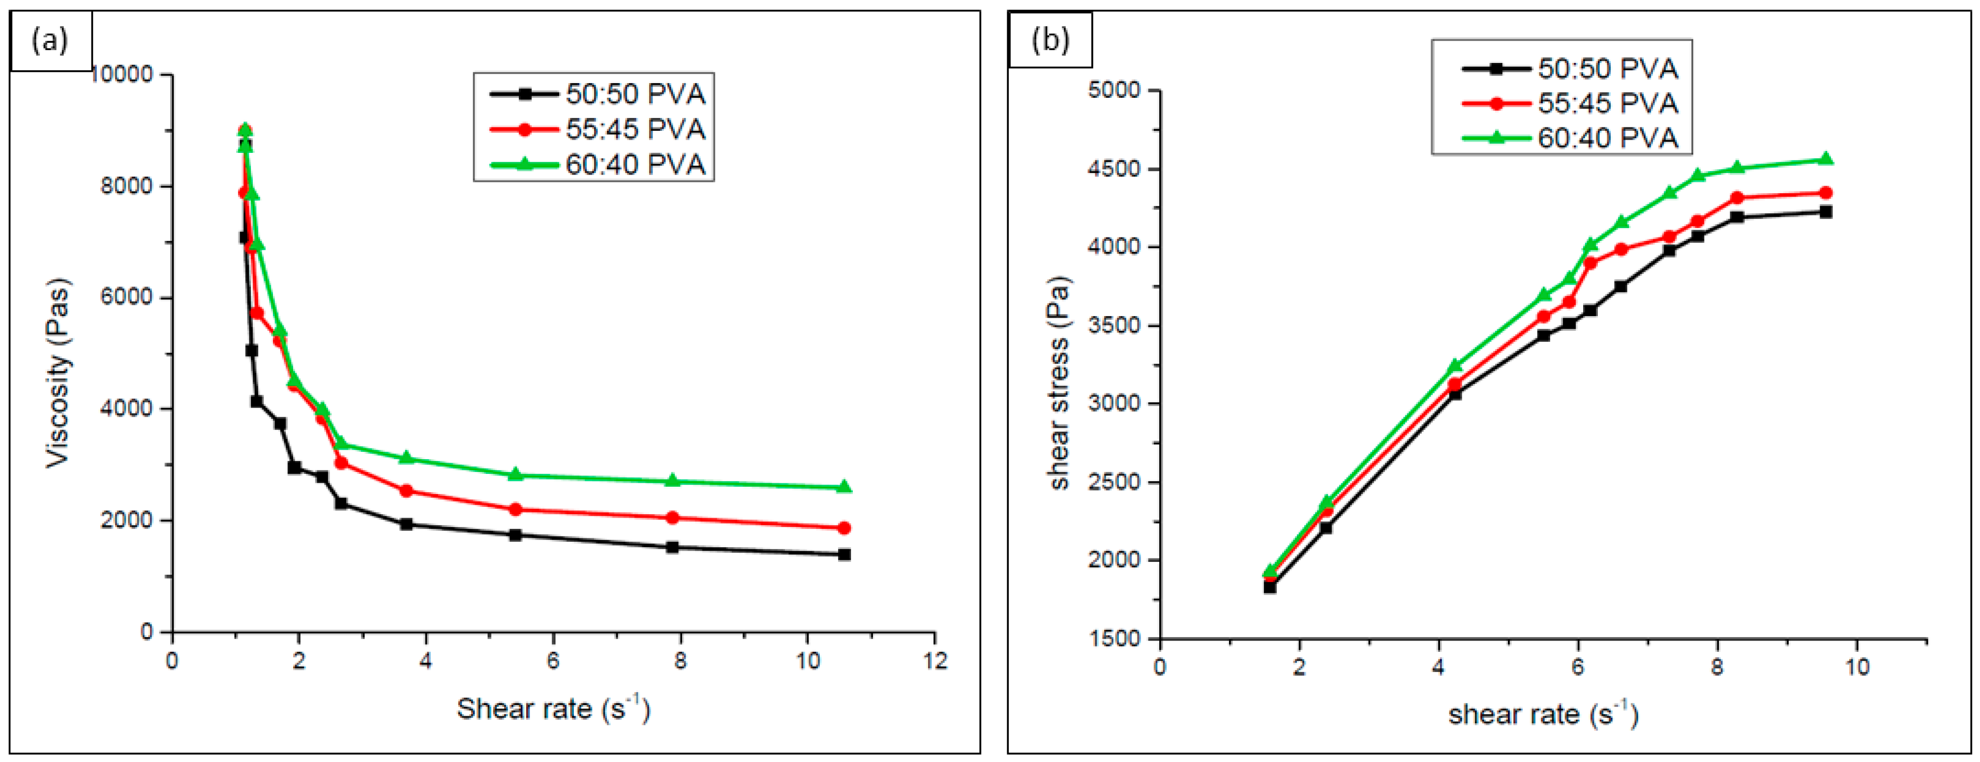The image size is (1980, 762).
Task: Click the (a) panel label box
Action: pyautogui.click(x=51, y=40)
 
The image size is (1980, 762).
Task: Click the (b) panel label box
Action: pyautogui.click(x=1050, y=40)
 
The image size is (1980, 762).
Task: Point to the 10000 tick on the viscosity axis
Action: pyautogui.click(x=123, y=75)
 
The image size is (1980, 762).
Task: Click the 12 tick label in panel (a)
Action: pyautogui.click(x=934, y=661)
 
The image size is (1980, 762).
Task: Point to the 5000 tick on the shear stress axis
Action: pyautogui.click(x=1114, y=90)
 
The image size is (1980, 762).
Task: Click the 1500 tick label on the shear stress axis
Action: pyautogui.click(x=1114, y=638)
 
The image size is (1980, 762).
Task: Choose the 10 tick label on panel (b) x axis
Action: pyautogui.click(x=1857, y=667)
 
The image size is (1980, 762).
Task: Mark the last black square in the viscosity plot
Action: pyautogui.click(x=844, y=554)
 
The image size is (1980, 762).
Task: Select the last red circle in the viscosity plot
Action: pyautogui.click(x=844, y=528)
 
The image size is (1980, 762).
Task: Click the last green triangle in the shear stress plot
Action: pyautogui.click(x=1826, y=159)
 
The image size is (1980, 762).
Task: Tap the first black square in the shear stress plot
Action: pyautogui.click(x=1270, y=587)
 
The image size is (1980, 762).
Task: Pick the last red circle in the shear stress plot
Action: pyautogui.click(x=1826, y=193)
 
